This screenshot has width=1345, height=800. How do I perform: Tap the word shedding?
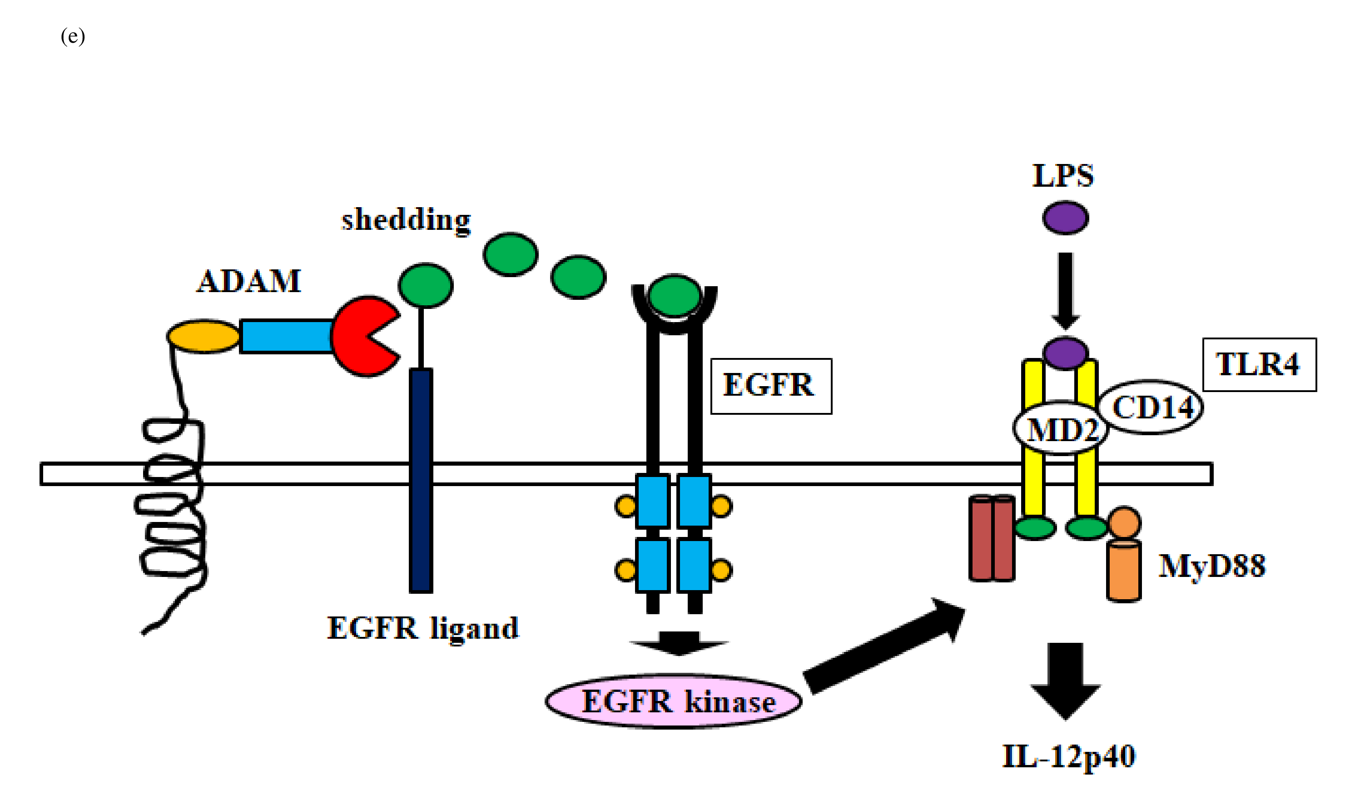pos(406,220)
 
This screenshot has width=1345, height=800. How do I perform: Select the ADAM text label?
pos(248,281)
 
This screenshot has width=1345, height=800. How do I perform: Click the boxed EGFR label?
pos(770,386)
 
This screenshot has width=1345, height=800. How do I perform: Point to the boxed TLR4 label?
pos(1259,364)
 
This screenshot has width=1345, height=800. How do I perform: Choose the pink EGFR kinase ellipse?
pos(674,701)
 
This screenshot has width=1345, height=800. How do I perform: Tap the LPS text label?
pos(1062,176)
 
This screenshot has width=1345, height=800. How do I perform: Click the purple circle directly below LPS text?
pos(1065,218)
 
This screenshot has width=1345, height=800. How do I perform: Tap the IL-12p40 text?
pos(1068,756)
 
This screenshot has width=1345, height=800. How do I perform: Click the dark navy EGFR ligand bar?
pos(421,480)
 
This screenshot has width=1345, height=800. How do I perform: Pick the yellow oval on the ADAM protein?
pos(203,336)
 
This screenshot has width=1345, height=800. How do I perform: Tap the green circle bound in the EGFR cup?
pos(674,295)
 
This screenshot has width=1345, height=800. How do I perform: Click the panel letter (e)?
pos(73,36)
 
